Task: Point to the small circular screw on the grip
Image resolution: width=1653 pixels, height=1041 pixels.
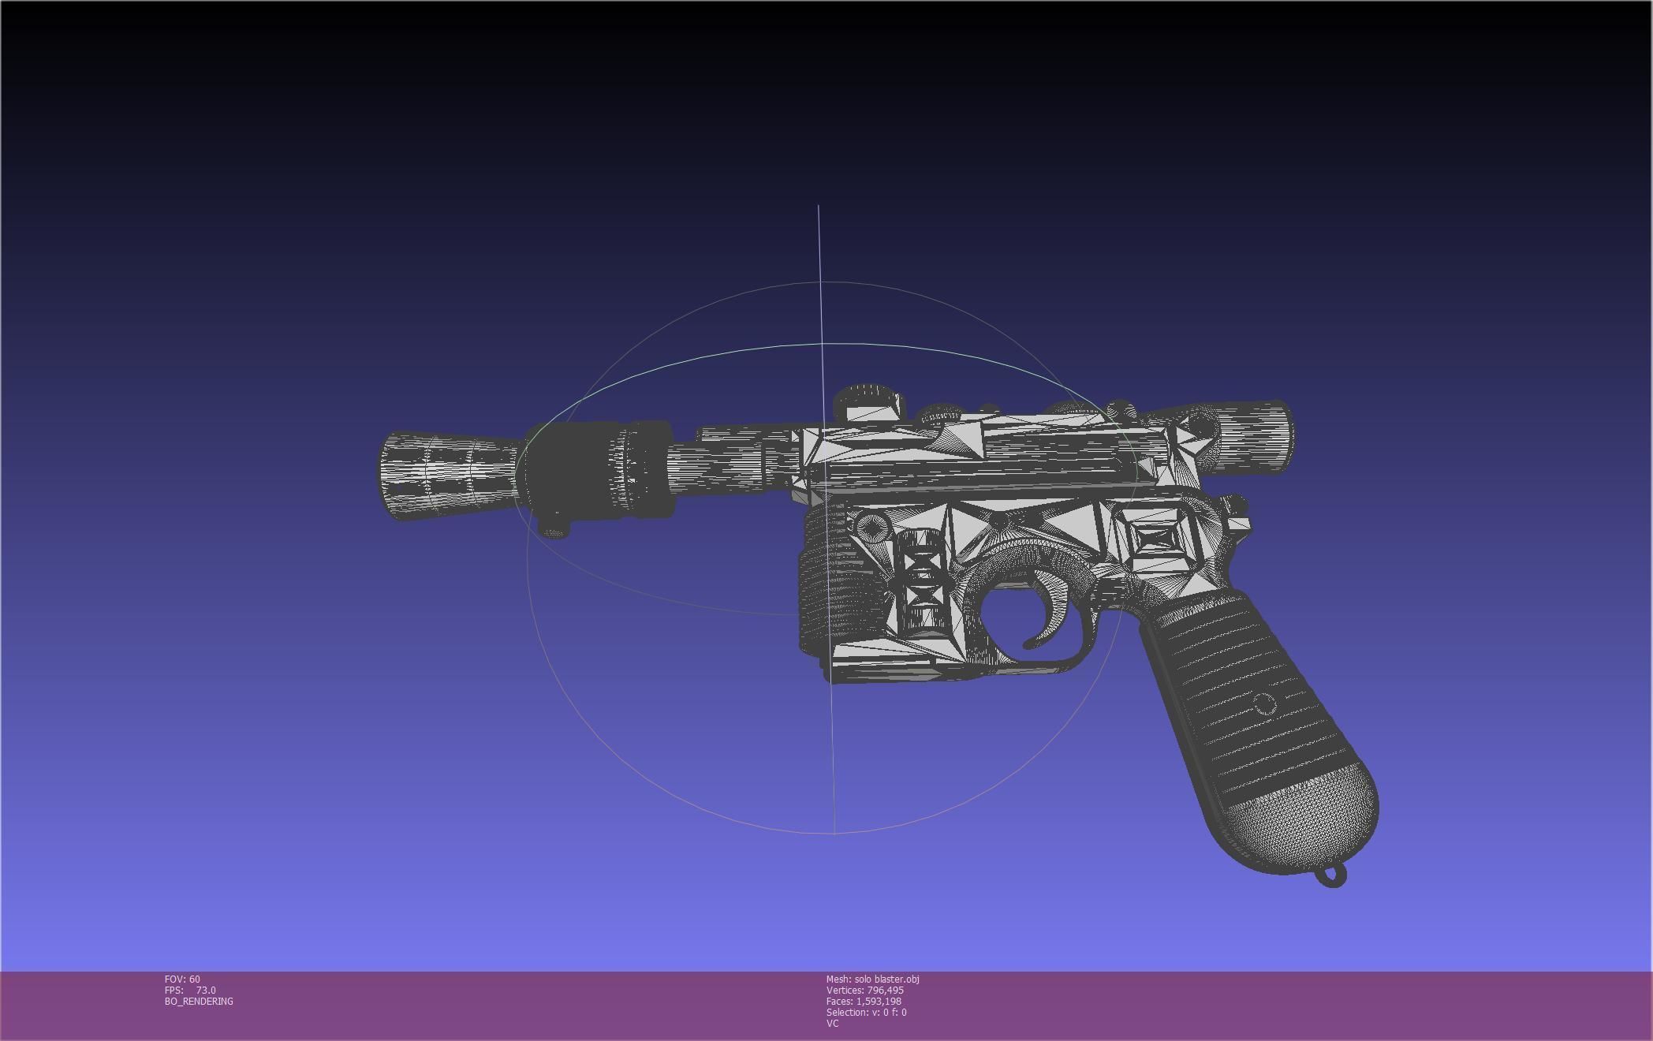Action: point(1263,703)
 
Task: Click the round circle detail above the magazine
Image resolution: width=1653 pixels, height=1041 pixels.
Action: point(870,525)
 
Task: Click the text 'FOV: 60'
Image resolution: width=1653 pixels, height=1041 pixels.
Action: point(182,979)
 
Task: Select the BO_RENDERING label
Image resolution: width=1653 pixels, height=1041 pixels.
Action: point(199,1002)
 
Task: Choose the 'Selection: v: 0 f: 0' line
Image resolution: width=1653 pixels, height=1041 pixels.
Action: point(866,1013)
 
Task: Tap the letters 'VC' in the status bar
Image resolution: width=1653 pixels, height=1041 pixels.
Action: point(832,1024)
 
